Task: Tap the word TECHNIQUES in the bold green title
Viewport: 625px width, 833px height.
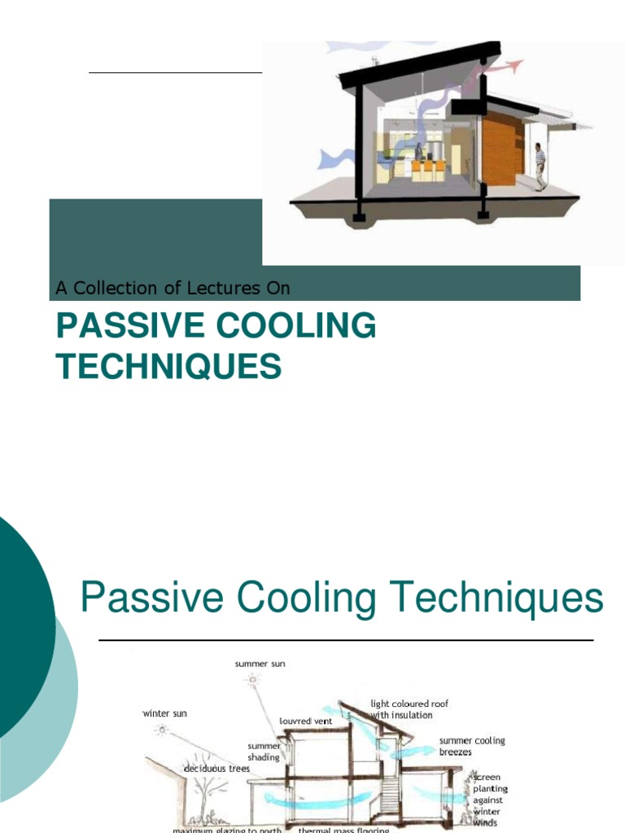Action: [168, 367]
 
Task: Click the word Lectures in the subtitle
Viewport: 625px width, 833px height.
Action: [223, 288]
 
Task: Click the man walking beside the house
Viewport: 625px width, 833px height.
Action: [540, 166]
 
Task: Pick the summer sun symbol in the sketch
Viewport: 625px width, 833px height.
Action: [253, 679]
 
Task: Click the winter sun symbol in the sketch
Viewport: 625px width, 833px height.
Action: [163, 730]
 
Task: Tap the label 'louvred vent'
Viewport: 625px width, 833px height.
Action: [305, 721]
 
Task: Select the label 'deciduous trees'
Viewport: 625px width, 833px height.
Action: [216, 768]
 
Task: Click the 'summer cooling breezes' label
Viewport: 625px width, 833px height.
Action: [472, 747]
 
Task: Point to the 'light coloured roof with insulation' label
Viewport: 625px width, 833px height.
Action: [409, 709]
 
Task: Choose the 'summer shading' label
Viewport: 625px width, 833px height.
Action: [264, 751]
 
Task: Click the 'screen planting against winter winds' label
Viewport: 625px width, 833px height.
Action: [490, 800]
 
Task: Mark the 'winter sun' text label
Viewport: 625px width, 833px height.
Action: [164, 713]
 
